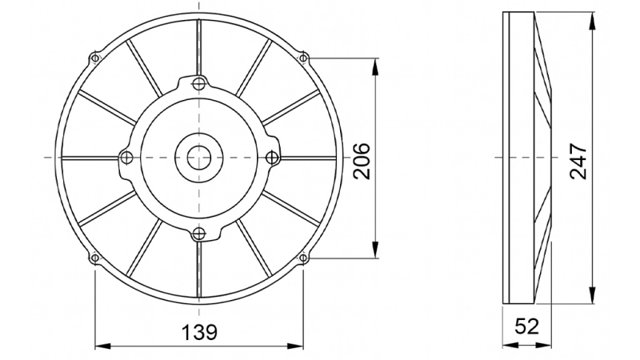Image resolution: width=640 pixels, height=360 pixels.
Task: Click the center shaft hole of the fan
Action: [x=199, y=157]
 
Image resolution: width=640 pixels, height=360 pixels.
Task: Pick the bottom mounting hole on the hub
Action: [x=199, y=234]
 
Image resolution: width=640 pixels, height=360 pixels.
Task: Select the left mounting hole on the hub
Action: [x=124, y=157]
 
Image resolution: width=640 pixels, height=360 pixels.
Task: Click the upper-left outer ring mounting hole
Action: [x=95, y=58]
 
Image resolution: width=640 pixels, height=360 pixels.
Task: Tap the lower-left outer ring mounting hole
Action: [x=95, y=258]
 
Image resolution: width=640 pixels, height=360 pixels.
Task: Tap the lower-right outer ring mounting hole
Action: [x=303, y=258]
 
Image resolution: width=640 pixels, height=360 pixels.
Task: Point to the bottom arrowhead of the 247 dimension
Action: [x=592, y=298]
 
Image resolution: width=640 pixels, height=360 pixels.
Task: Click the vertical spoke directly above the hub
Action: [x=199, y=48]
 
